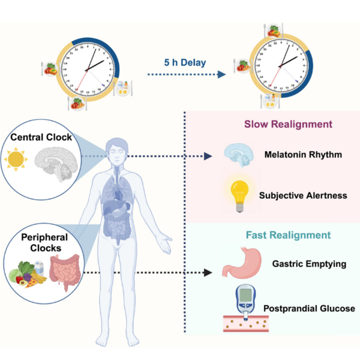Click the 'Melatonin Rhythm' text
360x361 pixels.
tap(304, 155)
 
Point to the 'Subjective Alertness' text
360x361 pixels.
tap(303, 195)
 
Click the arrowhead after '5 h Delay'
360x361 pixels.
tap(222, 74)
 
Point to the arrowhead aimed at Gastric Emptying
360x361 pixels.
tap(209, 272)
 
